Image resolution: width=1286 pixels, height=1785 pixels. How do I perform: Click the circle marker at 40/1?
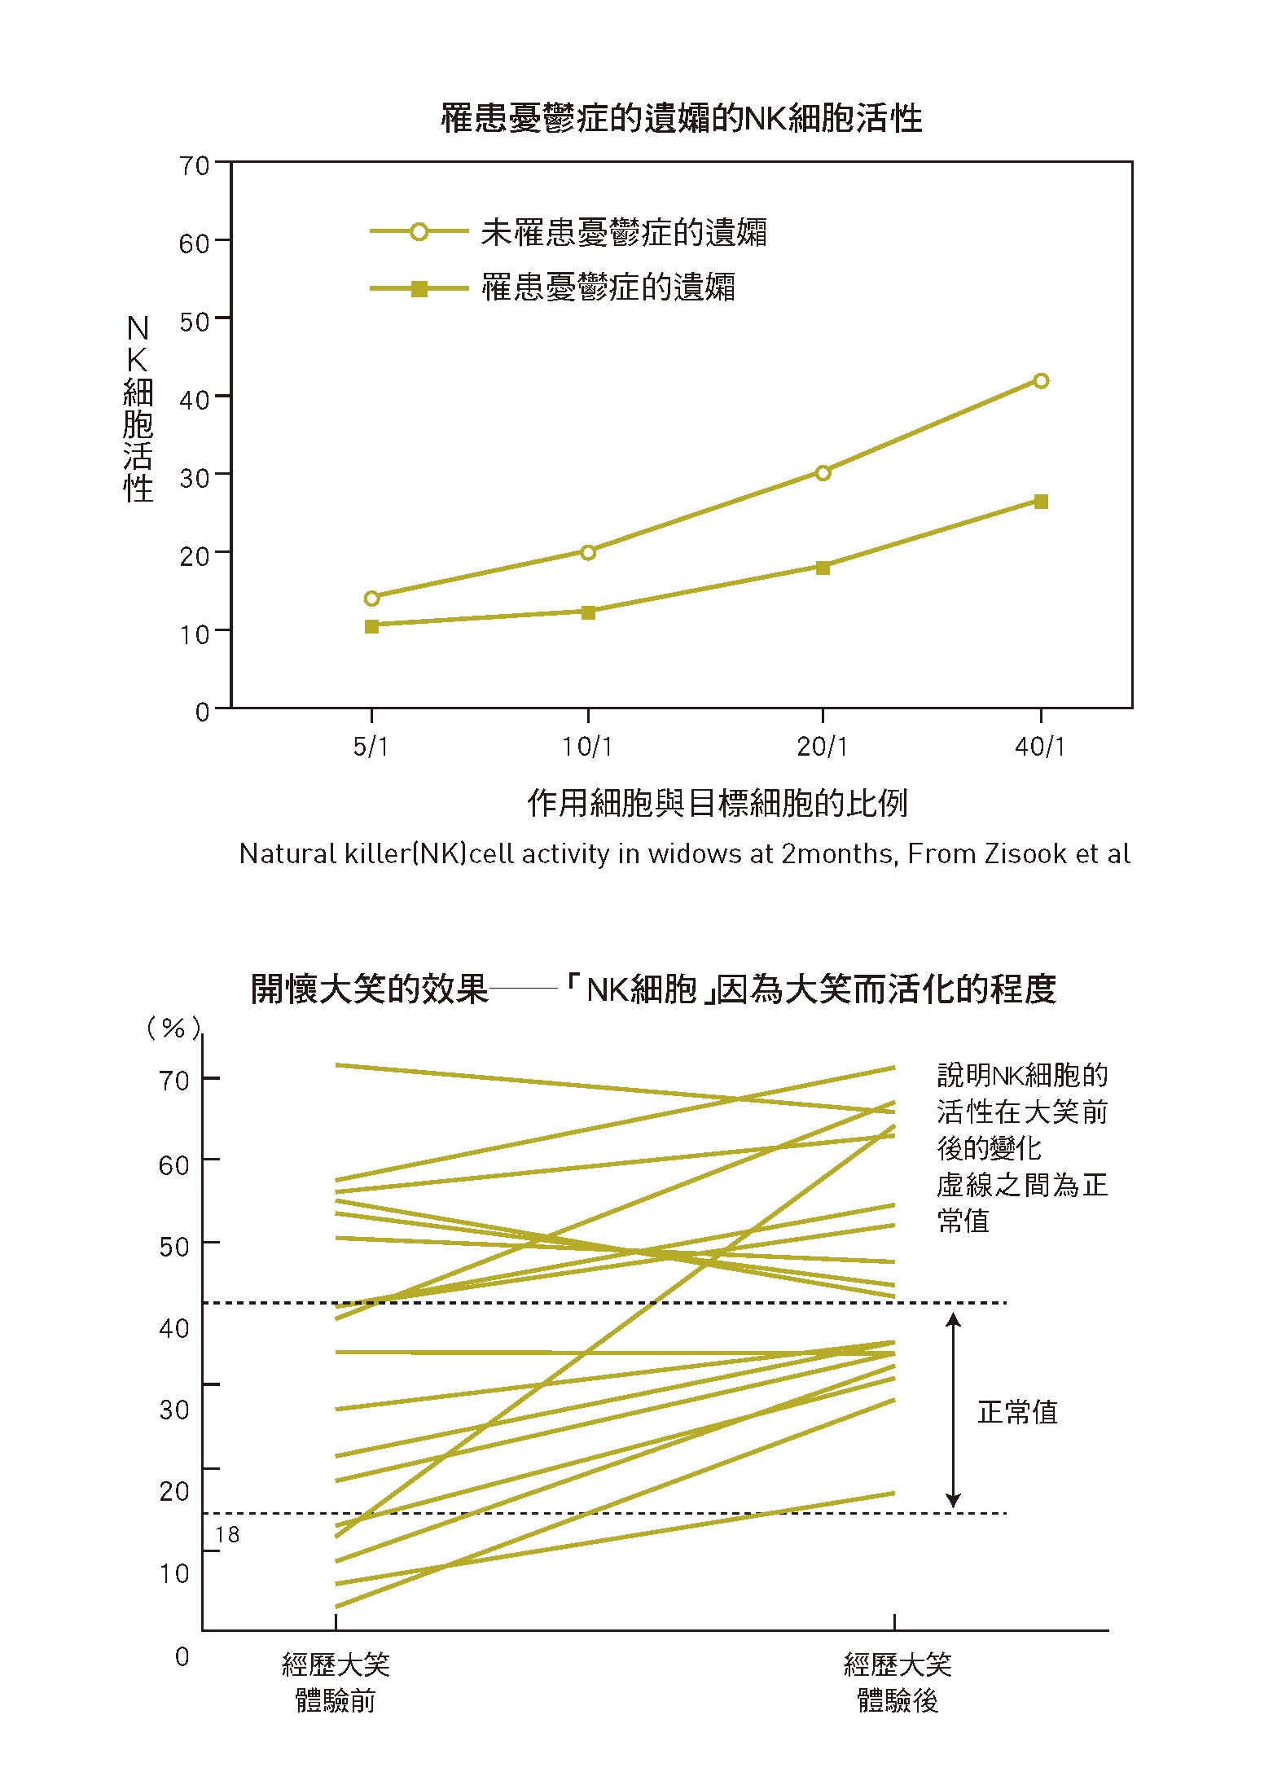pyautogui.click(x=1040, y=381)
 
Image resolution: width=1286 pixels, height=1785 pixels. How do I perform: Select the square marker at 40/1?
pyautogui.click(x=1040, y=502)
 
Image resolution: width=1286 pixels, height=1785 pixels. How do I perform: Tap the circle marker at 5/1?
pyautogui.click(x=371, y=599)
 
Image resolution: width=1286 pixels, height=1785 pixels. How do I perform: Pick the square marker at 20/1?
pyautogui.click(x=823, y=568)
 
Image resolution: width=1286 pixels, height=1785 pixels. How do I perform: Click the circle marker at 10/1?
pyautogui.click(x=588, y=552)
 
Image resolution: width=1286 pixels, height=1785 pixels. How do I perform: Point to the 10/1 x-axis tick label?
pyautogui.click(x=587, y=747)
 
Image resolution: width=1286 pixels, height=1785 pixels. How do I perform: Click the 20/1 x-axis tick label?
pyautogui.click(x=822, y=747)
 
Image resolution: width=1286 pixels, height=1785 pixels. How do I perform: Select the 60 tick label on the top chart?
pyautogui.click(x=195, y=243)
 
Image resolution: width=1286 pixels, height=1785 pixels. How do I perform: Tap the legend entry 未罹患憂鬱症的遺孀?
pyautogui.click(x=623, y=233)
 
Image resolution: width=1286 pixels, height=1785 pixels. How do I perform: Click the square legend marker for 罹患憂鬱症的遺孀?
pyautogui.click(x=419, y=288)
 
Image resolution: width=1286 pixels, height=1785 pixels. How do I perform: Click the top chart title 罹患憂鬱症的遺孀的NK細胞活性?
pyautogui.click(x=681, y=119)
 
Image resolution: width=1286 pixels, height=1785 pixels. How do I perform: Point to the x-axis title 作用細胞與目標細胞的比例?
pyautogui.click(x=717, y=804)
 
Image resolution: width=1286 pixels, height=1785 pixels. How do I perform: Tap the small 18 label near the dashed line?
pyautogui.click(x=227, y=1535)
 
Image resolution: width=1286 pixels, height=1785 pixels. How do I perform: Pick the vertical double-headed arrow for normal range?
pyautogui.click(x=953, y=1410)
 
